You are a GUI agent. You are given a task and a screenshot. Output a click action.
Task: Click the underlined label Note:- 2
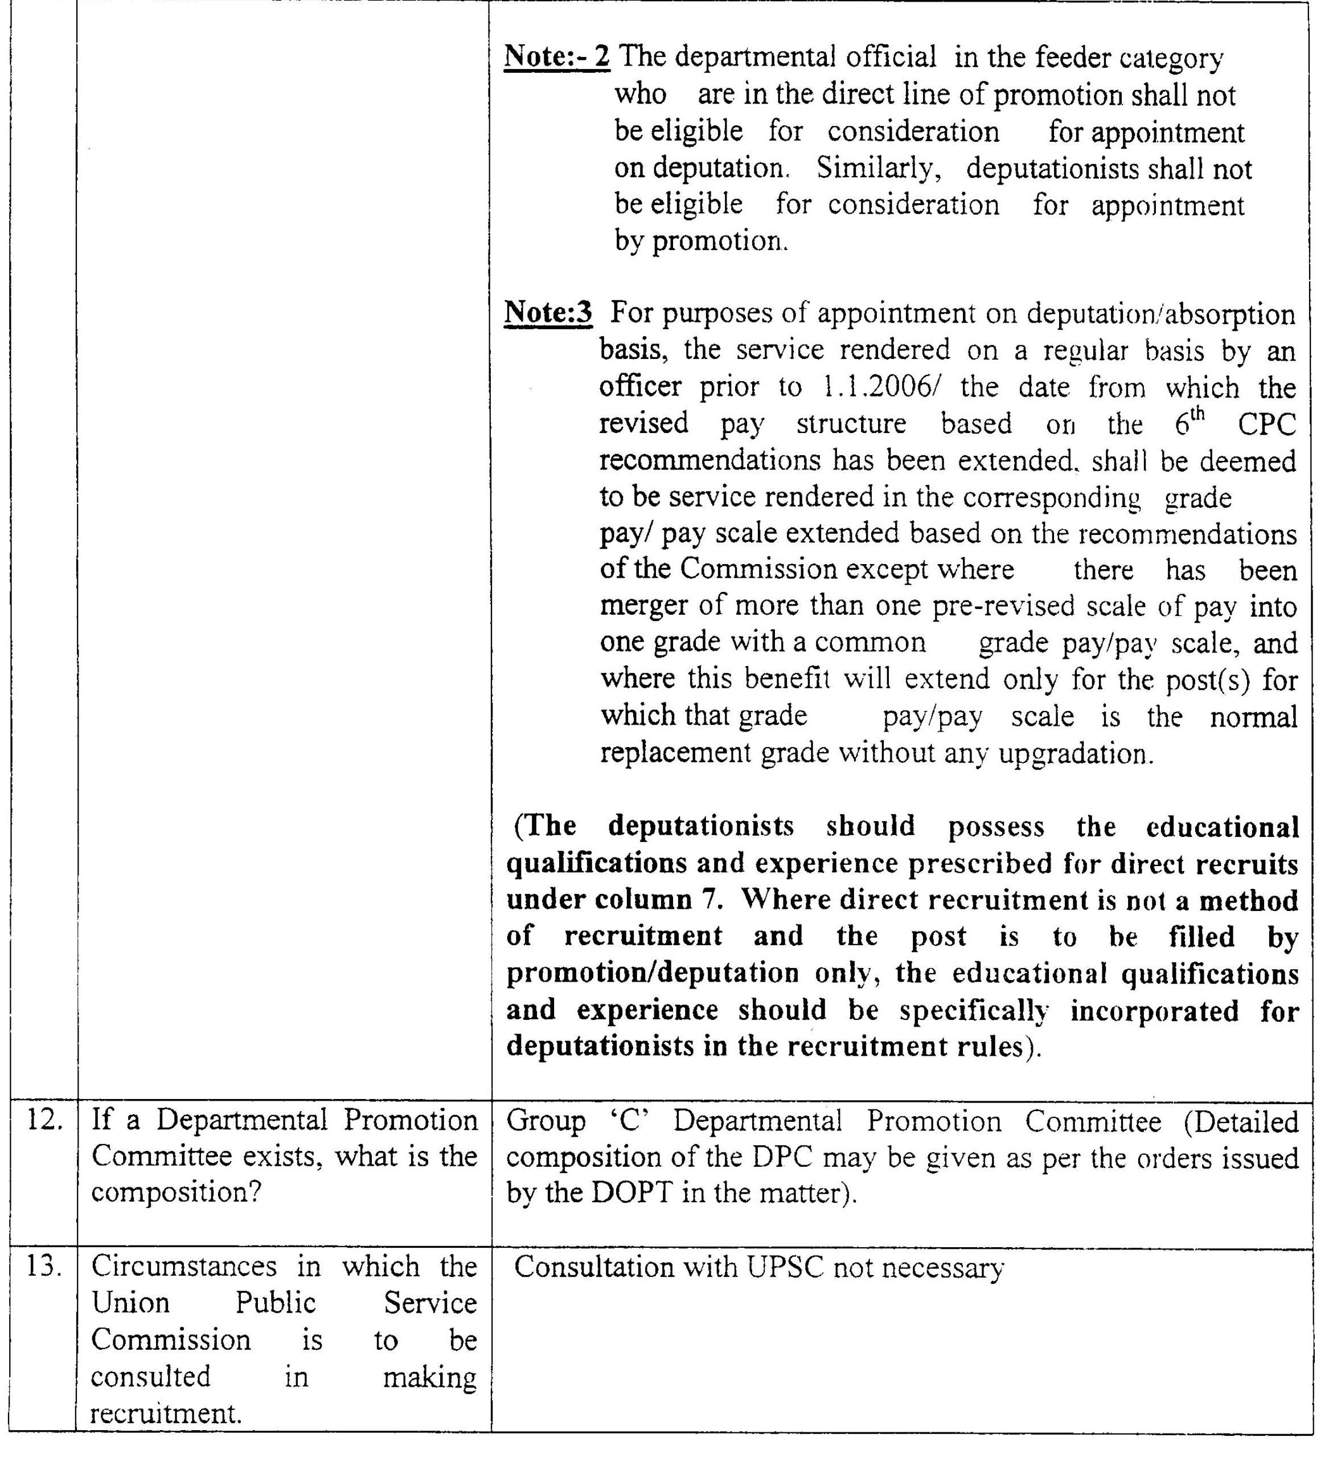point(557,57)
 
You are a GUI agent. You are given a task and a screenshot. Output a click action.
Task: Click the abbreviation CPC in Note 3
point(1266,424)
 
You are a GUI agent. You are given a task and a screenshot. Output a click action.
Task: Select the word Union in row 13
point(130,1303)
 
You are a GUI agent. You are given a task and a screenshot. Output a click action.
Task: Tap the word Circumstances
point(184,1267)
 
